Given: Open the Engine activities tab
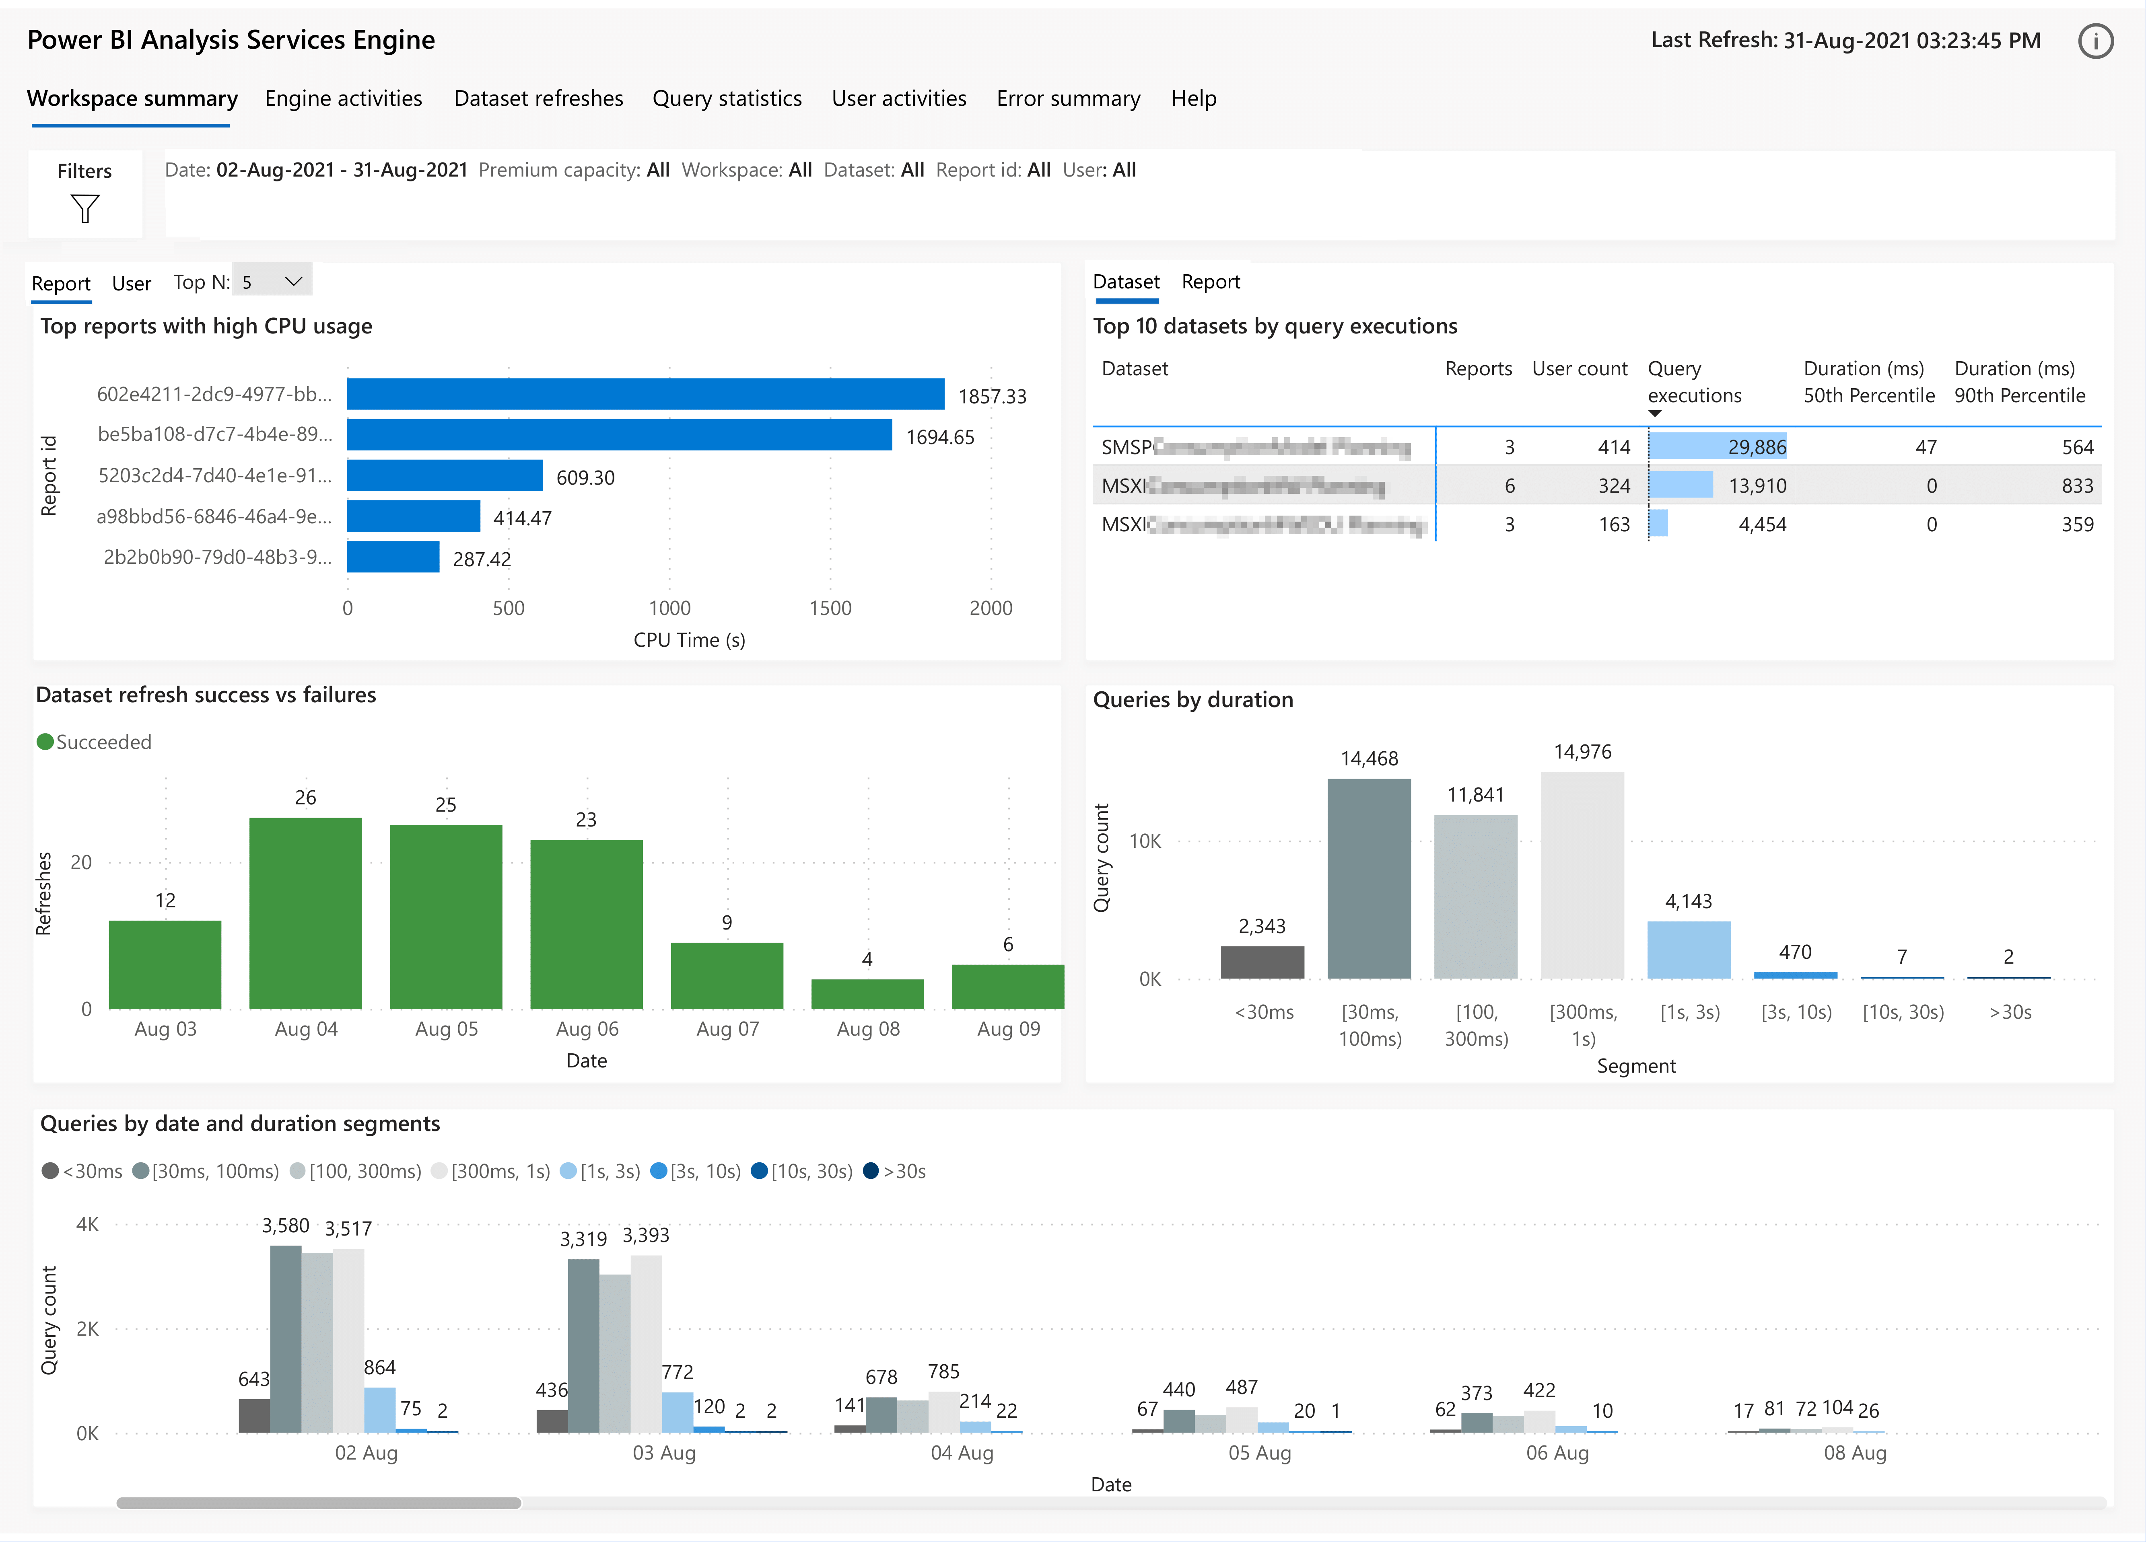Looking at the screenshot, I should pyautogui.click(x=342, y=99).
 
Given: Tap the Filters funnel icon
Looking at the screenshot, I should pyautogui.click(x=85, y=208).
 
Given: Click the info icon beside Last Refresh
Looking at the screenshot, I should pyautogui.click(x=2095, y=41).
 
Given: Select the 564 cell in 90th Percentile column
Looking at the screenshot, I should pyautogui.click(x=2077, y=448).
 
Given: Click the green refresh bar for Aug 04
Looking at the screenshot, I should pyautogui.click(x=306, y=913).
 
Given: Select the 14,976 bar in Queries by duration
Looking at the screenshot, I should pyautogui.click(x=1582, y=875).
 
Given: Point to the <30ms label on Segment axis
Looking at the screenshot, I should pyautogui.click(x=1263, y=1012).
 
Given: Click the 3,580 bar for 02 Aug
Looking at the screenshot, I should pyautogui.click(x=286, y=1338).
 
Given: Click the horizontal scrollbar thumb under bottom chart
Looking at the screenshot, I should pyautogui.click(x=318, y=1502).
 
